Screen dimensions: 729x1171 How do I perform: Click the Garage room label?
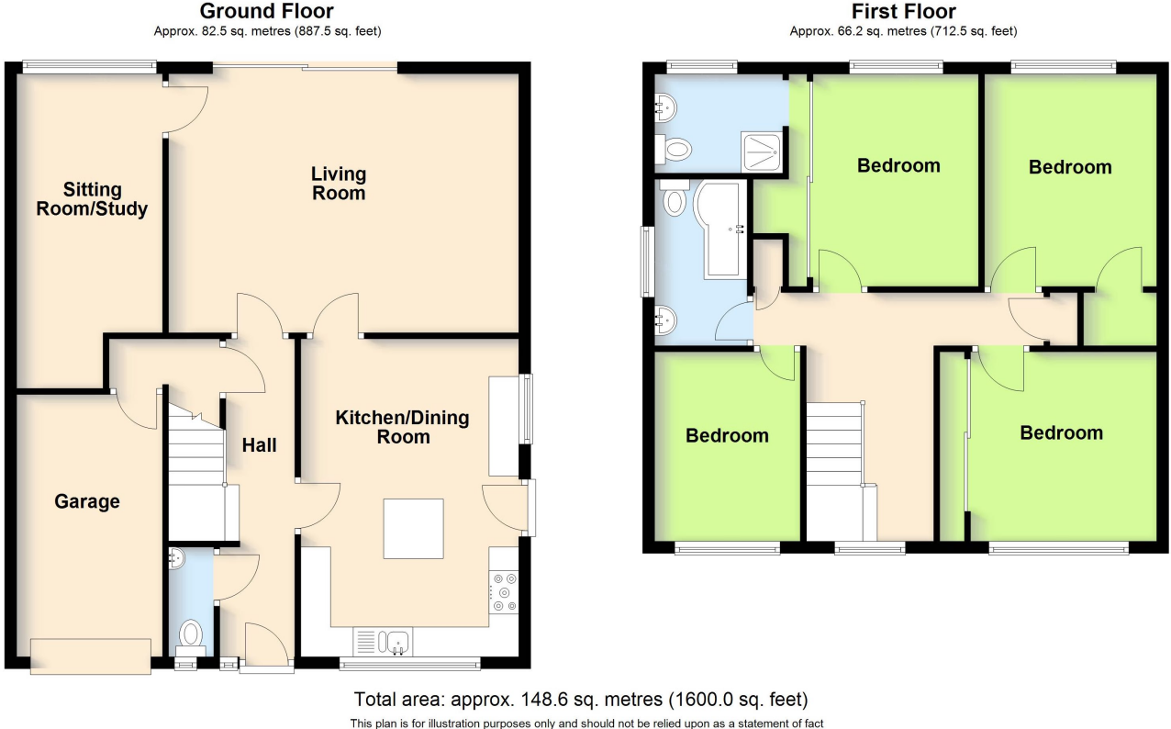point(86,501)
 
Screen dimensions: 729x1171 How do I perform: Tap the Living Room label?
point(339,183)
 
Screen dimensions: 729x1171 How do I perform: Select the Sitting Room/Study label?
point(92,199)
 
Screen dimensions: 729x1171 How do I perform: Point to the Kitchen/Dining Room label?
point(402,427)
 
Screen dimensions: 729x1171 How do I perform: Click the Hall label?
point(259,445)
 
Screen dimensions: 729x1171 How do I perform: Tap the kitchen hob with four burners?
point(504,591)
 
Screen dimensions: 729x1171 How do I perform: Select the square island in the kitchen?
point(413,528)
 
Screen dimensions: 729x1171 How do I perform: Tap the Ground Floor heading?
point(266,12)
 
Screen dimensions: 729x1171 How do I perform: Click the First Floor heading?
point(903,12)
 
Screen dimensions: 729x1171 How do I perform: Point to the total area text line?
point(581,699)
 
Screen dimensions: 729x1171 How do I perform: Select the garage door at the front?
point(90,656)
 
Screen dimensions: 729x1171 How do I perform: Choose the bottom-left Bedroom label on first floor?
point(727,435)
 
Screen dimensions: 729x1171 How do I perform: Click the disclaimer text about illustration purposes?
point(581,723)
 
